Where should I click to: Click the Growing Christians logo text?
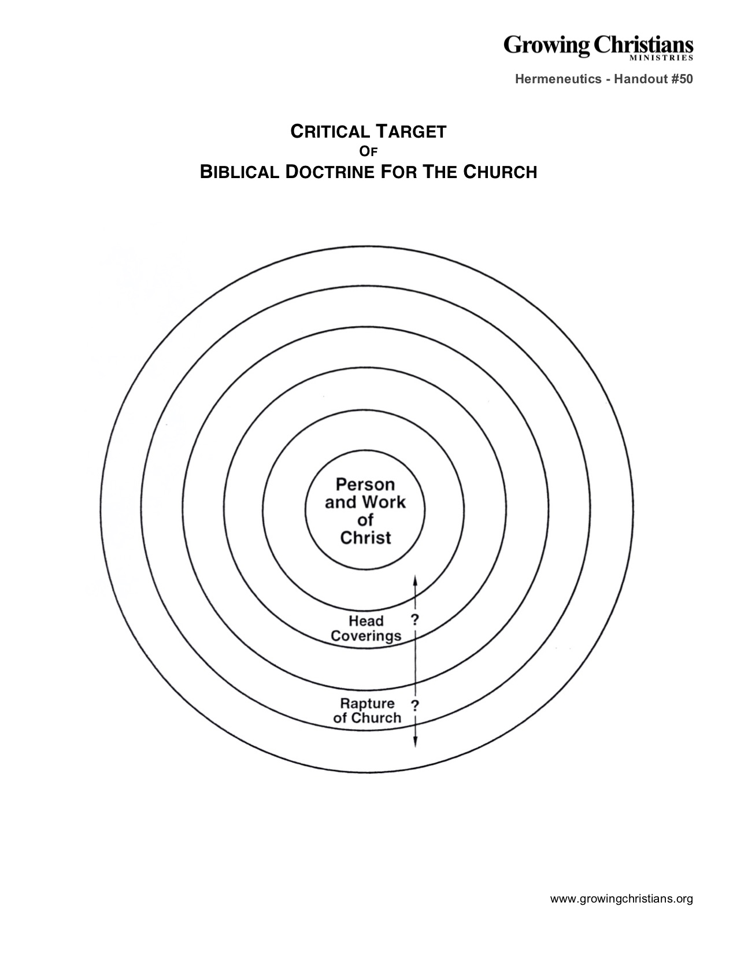[x=598, y=46]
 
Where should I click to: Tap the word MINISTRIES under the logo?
[x=661, y=57]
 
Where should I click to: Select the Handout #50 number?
[x=654, y=79]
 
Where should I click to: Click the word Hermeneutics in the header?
[x=558, y=79]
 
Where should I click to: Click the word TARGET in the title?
[x=411, y=132]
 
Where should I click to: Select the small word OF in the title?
[x=368, y=151]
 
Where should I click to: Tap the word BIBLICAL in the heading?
[x=239, y=172]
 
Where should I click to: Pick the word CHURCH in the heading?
[x=500, y=172]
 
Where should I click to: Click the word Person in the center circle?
[x=365, y=485]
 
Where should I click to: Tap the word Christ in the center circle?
[x=365, y=538]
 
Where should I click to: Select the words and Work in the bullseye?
[x=365, y=502]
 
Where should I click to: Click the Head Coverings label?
[x=366, y=628]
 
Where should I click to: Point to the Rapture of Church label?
[x=367, y=711]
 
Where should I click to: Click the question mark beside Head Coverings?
[x=415, y=619]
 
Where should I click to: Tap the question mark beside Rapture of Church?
[x=415, y=705]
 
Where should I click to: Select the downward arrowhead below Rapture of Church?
[x=415, y=746]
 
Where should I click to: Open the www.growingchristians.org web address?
[x=621, y=898]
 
